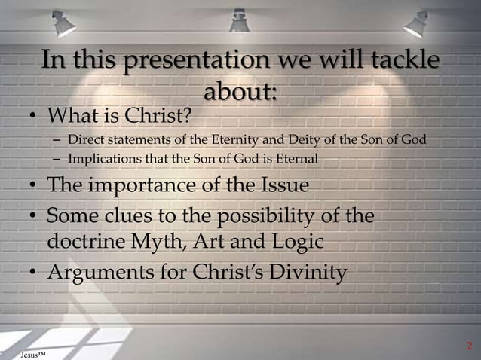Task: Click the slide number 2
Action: click(469, 346)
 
